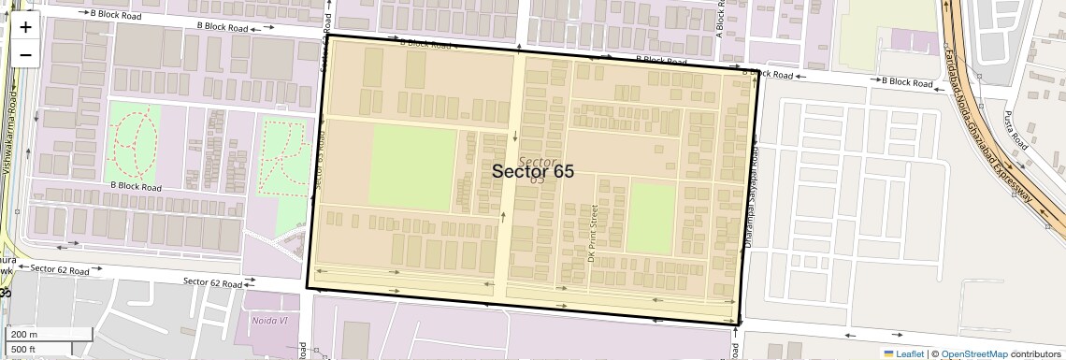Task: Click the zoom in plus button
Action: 25,26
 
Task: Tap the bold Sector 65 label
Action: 533,171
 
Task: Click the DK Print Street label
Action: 592,234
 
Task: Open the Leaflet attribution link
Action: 909,353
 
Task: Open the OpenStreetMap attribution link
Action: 973,353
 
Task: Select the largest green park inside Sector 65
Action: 414,167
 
